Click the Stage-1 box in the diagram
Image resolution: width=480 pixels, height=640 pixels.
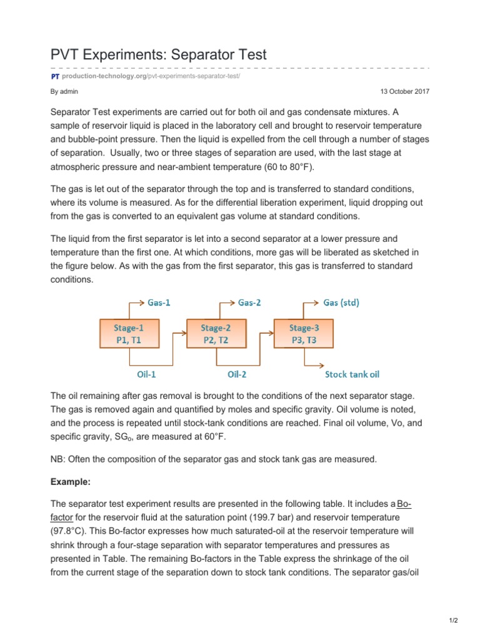tap(129, 333)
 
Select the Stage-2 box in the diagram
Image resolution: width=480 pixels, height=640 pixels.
tap(216, 333)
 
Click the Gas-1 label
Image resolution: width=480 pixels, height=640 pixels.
tap(159, 302)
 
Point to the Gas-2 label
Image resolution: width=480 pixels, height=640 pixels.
tap(250, 302)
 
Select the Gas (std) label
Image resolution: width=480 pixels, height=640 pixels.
tap(341, 302)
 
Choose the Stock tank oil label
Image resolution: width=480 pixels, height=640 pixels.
tap(352, 375)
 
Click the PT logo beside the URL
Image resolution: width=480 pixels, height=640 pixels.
tap(55, 76)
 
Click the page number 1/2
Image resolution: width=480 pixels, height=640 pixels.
tap(453, 620)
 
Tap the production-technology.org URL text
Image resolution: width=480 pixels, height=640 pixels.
tap(104, 76)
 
